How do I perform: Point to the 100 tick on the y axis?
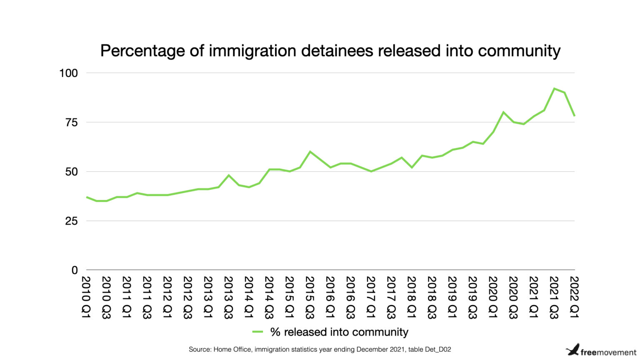click(69, 73)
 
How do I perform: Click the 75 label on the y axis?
click(71, 122)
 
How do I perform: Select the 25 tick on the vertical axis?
click(71, 221)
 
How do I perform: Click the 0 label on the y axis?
click(75, 270)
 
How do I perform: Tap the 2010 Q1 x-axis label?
click(86, 297)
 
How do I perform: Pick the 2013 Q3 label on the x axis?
click(228, 297)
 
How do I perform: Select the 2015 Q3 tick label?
click(310, 297)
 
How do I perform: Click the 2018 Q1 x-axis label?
click(412, 297)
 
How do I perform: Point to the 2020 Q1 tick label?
click(493, 297)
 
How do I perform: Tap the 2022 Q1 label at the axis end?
click(575, 297)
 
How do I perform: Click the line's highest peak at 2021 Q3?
click(554, 88)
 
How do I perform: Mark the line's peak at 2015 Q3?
click(310, 152)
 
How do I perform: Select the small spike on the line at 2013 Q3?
click(228, 175)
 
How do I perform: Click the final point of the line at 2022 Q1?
click(574, 116)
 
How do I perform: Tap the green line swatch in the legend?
click(257, 332)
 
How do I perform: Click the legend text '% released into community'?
click(339, 332)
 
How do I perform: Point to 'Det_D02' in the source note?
click(438, 349)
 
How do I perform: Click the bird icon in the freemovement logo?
click(573, 350)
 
